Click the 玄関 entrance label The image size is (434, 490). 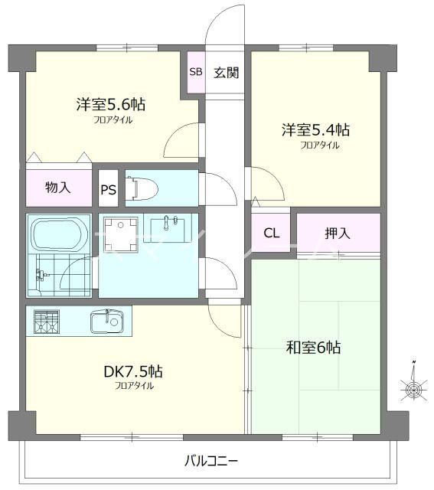point(226,73)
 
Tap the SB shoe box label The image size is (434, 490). point(195,73)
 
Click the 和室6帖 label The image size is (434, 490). point(315,348)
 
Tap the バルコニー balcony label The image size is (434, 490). point(211,461)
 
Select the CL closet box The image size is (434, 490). point(271,234)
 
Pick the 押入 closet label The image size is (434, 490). point(338,233)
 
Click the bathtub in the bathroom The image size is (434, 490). point(59,234)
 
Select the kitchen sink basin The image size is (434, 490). point(108,322)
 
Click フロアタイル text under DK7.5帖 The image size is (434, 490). point(135,386)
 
